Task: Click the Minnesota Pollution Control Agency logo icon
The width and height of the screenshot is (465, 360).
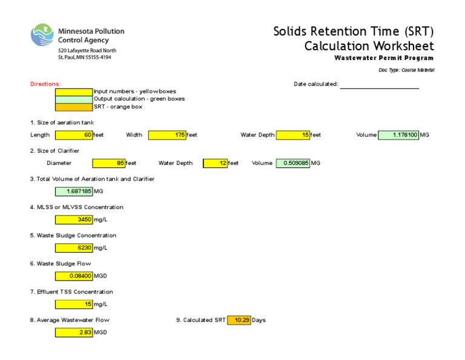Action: pos(42,35)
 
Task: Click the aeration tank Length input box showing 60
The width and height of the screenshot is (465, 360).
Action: pos(74,135)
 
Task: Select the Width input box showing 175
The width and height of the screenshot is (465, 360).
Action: pos(167,135)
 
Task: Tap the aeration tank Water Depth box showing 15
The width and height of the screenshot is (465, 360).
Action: pos(294,135)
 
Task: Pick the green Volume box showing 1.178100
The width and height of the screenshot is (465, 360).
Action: pos(398,135)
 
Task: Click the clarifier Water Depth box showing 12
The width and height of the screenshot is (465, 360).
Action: pos(215,163)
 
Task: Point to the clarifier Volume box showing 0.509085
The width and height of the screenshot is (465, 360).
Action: pos(293,163)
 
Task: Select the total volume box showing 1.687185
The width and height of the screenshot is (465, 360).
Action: pos(74,192)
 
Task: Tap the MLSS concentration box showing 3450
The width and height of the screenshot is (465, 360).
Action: pos(74,219)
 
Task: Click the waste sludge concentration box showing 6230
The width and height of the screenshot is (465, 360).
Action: pos(74,248)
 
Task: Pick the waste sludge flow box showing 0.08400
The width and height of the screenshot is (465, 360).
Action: pos(74,276)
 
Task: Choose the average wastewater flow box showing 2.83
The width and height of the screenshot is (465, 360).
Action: pos(74,332)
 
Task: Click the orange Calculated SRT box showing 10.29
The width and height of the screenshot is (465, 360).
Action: pos(239,320)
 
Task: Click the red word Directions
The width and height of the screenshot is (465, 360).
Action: pos(45,84)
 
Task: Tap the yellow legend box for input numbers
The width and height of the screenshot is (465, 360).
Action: pos(74,92)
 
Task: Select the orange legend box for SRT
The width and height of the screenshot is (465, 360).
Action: pos(74,107)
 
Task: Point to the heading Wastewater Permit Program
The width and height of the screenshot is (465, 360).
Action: pos(384,58)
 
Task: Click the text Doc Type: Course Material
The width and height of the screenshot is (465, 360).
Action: pos(406,70)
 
